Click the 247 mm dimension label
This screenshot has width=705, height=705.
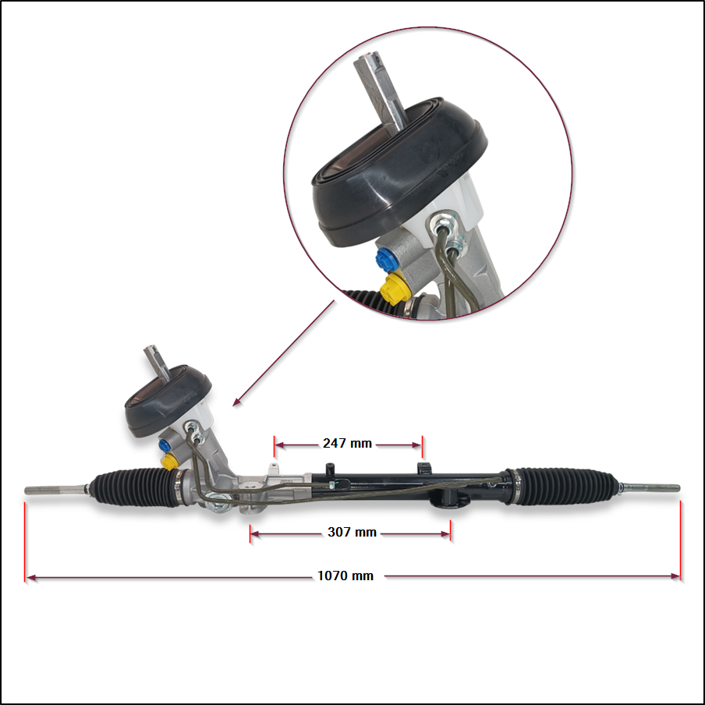coord(347,444)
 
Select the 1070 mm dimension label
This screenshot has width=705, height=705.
coord(345,576)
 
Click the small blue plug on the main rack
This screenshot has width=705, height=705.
coord(165,445)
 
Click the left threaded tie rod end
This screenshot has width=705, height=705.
coord(55,491)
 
